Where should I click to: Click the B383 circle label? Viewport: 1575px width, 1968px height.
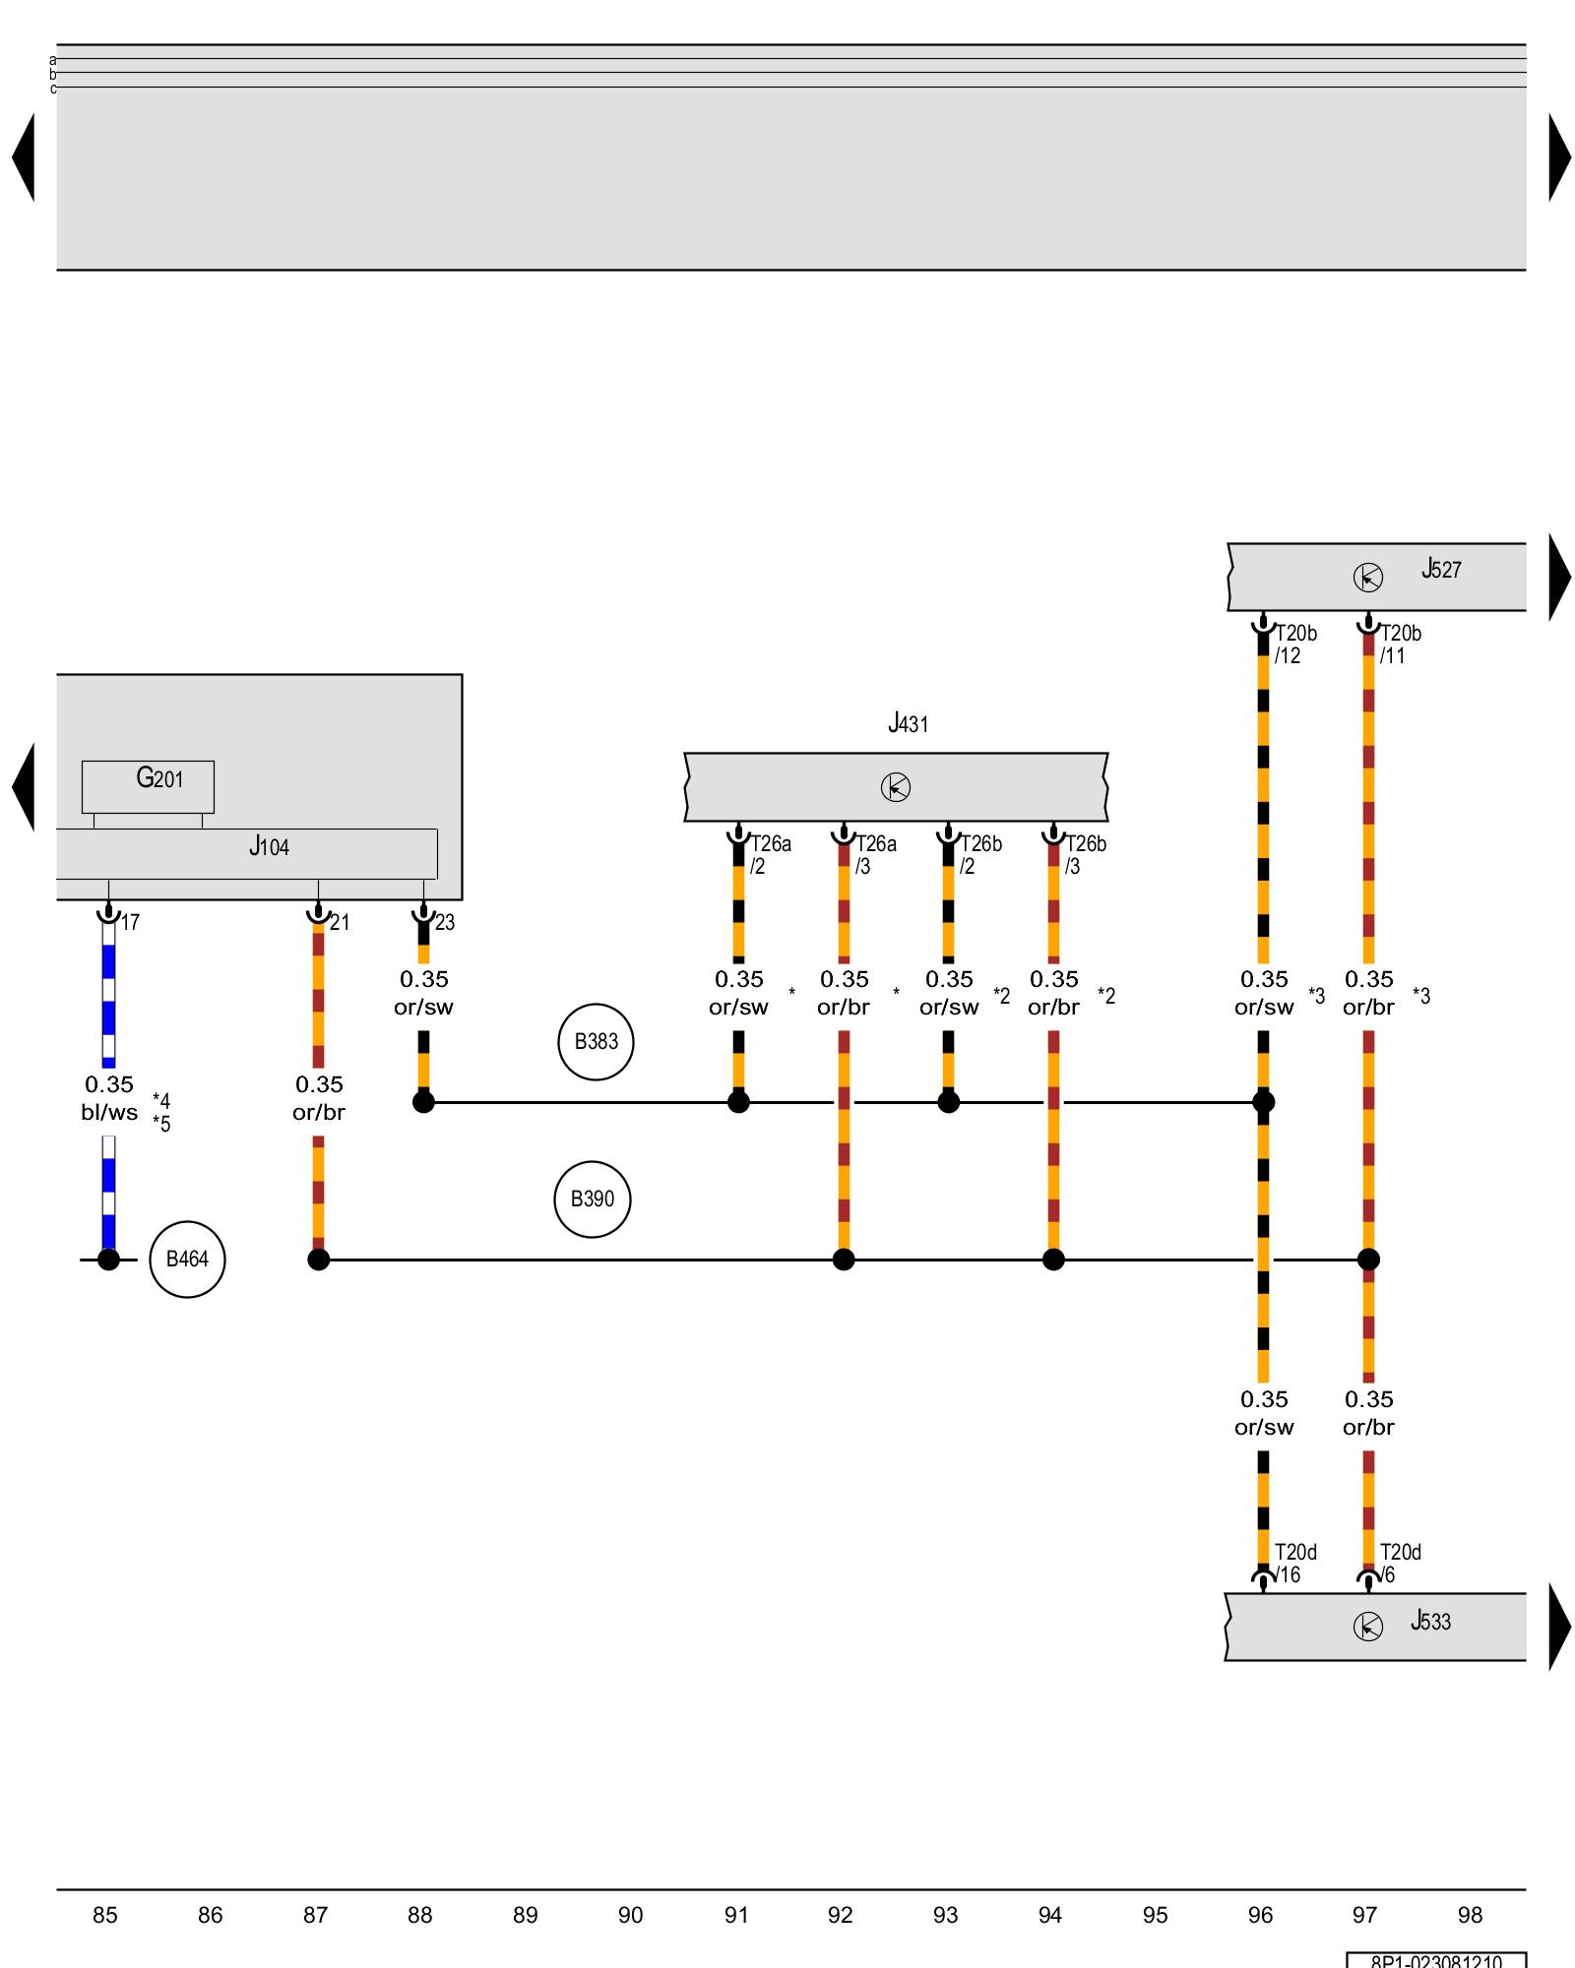[x=596, y=1041]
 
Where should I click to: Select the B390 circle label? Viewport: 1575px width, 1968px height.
[x=592, y=1199]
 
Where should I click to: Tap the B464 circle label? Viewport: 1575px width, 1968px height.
[x=187, y=1259]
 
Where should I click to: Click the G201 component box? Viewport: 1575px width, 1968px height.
[x=148, y=785]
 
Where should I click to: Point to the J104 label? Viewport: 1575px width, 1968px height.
[x=269, y=846]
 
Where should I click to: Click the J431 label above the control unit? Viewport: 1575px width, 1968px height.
[x=908, y=724]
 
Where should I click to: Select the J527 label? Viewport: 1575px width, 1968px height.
[x=1441, y=569]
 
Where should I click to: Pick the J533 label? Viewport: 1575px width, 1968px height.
[x=1430, y=1621]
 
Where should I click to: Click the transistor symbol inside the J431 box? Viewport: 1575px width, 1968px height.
[x=896, y=787]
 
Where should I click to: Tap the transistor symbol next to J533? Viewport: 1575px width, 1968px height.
[x=1367, y=1627]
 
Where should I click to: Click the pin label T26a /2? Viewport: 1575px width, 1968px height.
[x=770, y=854]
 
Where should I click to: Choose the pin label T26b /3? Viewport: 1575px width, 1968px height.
[x=1085, y=854]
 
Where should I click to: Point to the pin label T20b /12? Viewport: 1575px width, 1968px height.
[x=1294, y=644]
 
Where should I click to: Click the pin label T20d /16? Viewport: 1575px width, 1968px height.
[x=1294, y=1563]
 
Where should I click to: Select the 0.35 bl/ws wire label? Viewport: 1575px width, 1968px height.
[x=109, y=1098]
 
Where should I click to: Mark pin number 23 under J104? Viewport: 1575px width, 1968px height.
[x=445, y=922]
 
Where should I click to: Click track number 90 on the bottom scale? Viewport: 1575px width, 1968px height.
[x=630, y=1915]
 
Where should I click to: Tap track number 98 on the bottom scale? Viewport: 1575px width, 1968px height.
[x=1470, y=1915]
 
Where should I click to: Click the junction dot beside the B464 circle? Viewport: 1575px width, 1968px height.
[x=108, y=1260]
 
